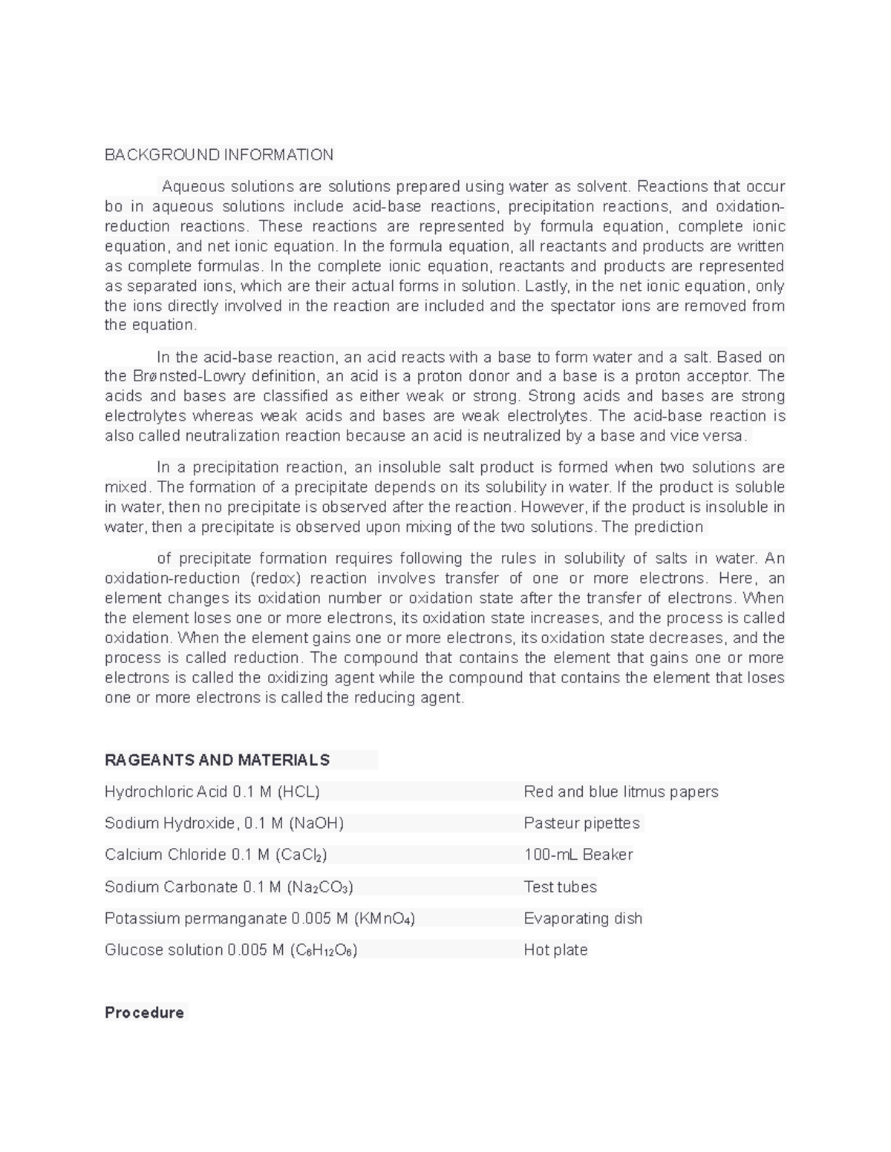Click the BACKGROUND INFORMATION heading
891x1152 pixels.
click(219, 155)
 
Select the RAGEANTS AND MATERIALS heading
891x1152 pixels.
click(217, 760)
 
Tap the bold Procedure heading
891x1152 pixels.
click(144, 1013)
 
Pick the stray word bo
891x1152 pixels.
click(114, 206)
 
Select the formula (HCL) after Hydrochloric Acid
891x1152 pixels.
click(298, 792)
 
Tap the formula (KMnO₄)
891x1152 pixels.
click(384, 919)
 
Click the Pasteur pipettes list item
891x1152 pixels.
click(581, 823)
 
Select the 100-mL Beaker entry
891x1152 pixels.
click(578, 855)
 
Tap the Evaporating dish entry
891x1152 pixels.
click(583, 918)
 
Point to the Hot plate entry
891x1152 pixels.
click(555, 950)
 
